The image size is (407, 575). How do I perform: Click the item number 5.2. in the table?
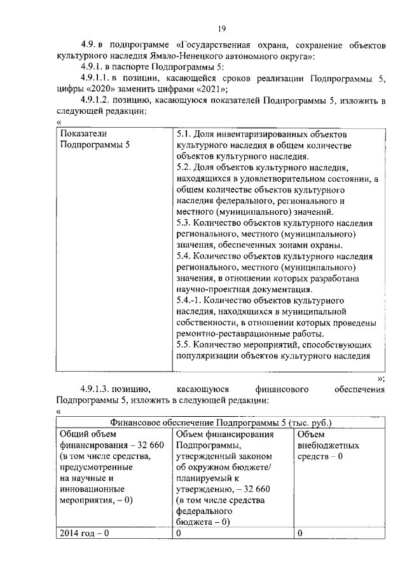point(184,168)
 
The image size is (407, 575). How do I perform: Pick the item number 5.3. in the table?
point(184,223)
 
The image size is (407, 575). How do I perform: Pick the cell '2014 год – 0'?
point(84,533)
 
